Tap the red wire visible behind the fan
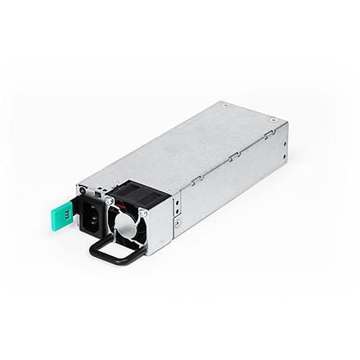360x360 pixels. click(x=124, y=203)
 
